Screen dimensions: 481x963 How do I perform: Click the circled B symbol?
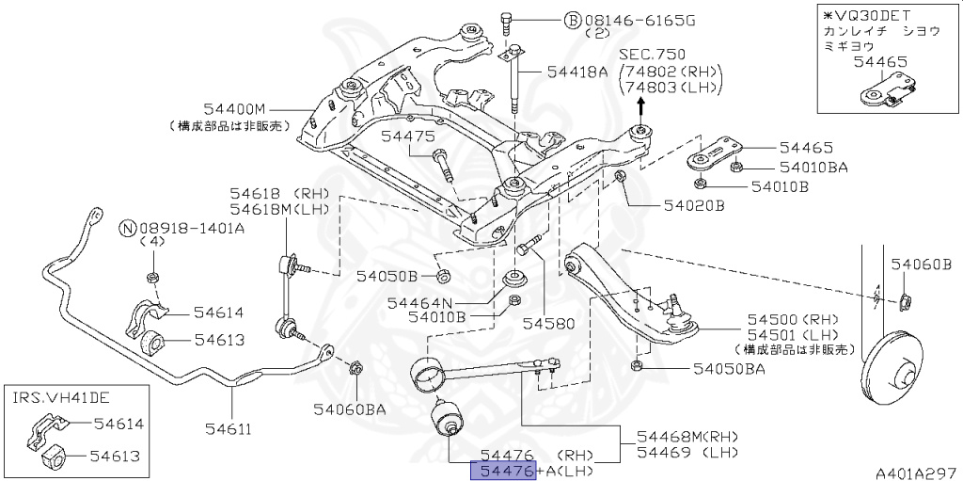tap(572, 19)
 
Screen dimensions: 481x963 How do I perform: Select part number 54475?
tap(407, 137)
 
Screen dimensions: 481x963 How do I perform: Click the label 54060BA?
tap(350, 409)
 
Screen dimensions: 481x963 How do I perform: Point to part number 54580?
tap(547, 323)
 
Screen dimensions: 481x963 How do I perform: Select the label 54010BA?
tap(813, 168)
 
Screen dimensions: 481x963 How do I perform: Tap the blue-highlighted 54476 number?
tap(503, 471)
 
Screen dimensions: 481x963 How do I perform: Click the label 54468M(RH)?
tap(687, 437)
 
